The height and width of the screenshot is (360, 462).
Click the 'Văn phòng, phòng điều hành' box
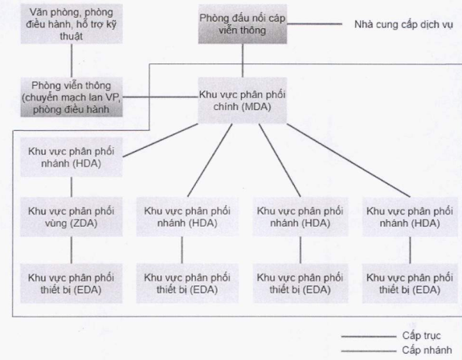(x=72, y=24)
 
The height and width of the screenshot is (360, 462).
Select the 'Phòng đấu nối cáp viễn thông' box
(x=243, y=24)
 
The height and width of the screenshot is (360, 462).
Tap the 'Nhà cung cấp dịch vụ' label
(x=403, y=24)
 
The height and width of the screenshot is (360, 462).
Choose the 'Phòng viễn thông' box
(x=72, y=97)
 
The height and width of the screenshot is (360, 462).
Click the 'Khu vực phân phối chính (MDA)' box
(x=242, y=100)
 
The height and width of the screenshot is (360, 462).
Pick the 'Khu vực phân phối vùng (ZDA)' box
(x=72, y=217)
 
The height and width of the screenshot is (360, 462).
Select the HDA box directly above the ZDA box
(x=72, y=157)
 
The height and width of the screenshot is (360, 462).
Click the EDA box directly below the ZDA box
(x=72, y=284)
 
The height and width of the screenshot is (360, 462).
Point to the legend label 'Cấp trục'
(x=421, y=336)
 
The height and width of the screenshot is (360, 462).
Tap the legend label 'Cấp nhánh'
(x=427, y=350)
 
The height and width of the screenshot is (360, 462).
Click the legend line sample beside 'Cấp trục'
(x=369, y=336)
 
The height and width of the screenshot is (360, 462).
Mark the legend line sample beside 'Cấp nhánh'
(x=369, y=351)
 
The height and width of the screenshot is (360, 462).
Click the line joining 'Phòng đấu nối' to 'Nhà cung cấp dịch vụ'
(x=314, y=24)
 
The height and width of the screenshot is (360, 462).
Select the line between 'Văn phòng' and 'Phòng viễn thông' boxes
(x=72, y=61)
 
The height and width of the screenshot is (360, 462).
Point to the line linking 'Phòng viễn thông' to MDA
(x=161, y=96)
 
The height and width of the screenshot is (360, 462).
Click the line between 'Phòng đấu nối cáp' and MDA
(x=243, y=61)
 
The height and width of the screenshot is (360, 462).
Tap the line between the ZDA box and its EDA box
(x=72, y=250)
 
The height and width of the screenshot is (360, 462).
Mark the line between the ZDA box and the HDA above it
(x=72, y=187)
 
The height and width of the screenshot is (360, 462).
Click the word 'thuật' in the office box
(x=72, y=36)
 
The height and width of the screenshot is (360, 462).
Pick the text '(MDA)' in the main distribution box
(x=256, y=107)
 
